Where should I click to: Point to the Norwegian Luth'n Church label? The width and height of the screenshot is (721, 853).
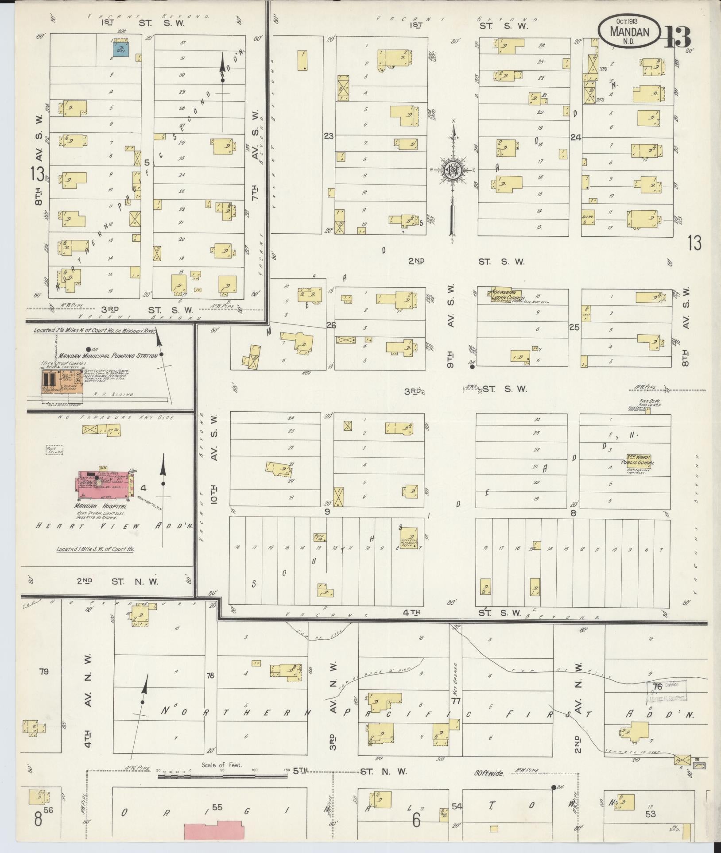(x=509, y=294)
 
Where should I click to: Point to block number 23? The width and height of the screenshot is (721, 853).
(x=328, y=136)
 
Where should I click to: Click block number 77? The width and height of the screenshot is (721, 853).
(x=456, y=701)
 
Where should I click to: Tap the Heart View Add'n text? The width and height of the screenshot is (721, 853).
(x=114, y=526)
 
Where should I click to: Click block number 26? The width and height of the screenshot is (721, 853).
(x=331, y=325)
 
